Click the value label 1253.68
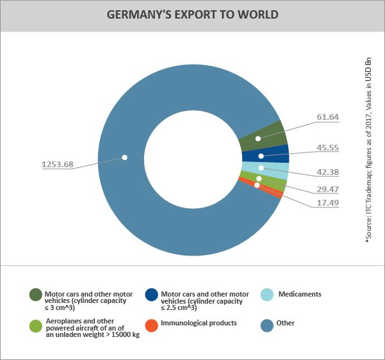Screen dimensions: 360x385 coord(58,165)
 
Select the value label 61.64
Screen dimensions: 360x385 coord(327,117)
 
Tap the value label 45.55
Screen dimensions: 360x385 coord(327,147)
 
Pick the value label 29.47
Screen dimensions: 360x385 coord(327,190)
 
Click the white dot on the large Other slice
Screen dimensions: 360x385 coord(125,157)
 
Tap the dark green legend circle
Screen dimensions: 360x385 coord(36,295)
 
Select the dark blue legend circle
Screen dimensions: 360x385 coord(152,295)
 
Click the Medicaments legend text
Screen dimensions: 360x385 coord(299,294)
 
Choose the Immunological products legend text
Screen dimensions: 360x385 coord(199,323)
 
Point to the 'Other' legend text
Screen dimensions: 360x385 coord(286,323)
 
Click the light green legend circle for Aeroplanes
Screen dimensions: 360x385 coord(36,325)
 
